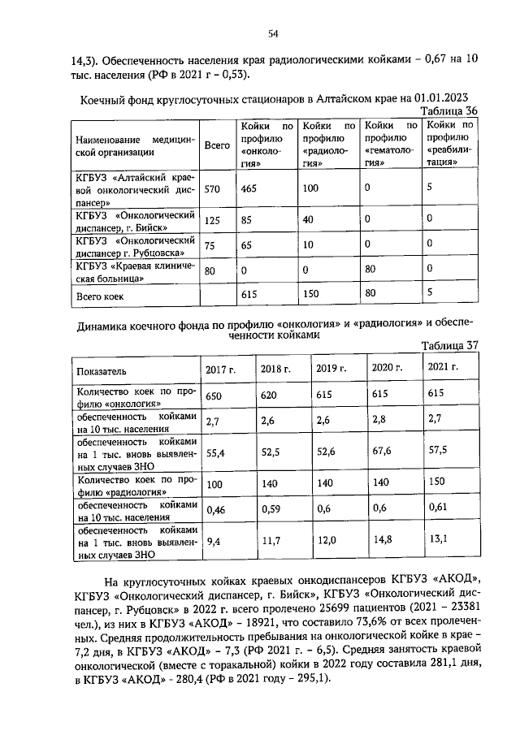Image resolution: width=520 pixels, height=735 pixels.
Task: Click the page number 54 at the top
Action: coord(274,33)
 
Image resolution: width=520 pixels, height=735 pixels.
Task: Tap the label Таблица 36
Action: coord(448,111)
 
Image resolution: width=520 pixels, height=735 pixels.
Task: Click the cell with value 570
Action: coord(213,189)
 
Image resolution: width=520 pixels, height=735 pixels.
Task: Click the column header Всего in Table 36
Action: coord(216,145)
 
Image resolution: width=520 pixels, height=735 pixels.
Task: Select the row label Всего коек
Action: coord(100,297)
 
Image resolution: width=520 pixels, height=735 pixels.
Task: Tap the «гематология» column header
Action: coord(391,144)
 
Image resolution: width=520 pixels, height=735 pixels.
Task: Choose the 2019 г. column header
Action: coord(331,369)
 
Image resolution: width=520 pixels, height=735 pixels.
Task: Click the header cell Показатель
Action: coord(102,370)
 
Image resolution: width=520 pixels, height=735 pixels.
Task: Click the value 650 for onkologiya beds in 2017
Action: coord(214,396)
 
